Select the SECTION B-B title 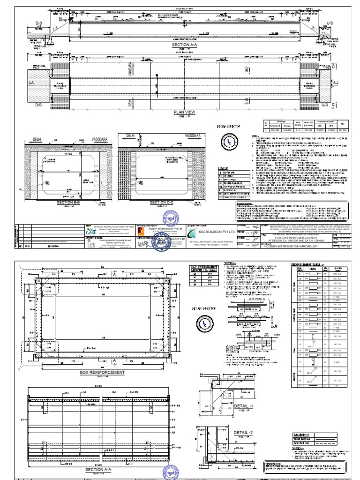coord(69,202)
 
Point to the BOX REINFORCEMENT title coord(103,372)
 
